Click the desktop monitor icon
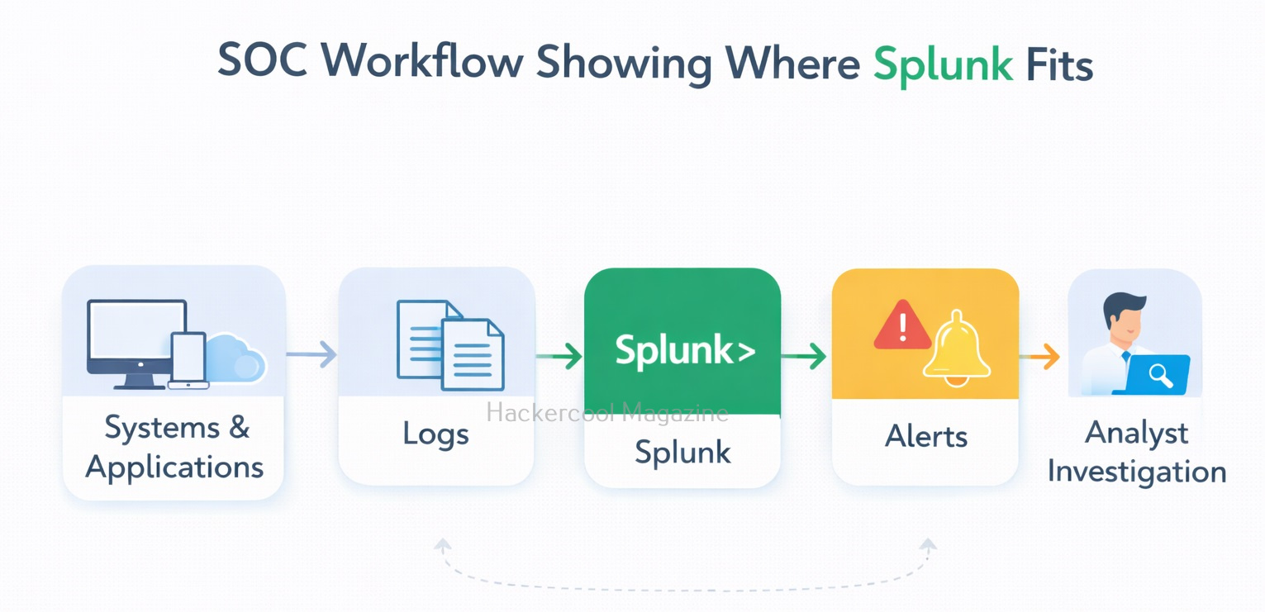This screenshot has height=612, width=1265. pyautogui.click(x=136, y=340)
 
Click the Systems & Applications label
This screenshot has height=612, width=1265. pyautogui.click(x=174, y=447)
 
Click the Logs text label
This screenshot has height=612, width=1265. pyautogui.click(x=435, y=434)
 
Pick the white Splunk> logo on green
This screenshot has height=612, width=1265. pyautogui.click(x=684, y=350)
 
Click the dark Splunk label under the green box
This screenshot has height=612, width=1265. pyautogui.click(x=682, y=452)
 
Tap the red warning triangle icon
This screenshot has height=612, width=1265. pyautogui.click(x=902, y=326)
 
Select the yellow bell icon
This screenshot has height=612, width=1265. pyautogui.click(x=957, y=349)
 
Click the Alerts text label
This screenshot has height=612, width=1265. pyautogui.click(x=925, y=435)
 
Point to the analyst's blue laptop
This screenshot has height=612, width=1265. pyautogui.click(x=1154, y=375)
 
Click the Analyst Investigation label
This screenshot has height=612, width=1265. pyautogui.click(x=1136, y=452)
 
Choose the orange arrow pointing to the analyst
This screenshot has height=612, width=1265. pyautogui.click(x=1040, y=357)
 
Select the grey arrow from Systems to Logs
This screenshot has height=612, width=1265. pyautogui.click(x=312, y=355)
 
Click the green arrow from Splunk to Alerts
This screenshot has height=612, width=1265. pyautogui.click(x=804, y=357)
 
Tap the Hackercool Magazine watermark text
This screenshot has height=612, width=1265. pyautogui.click(x=607, y=412)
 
